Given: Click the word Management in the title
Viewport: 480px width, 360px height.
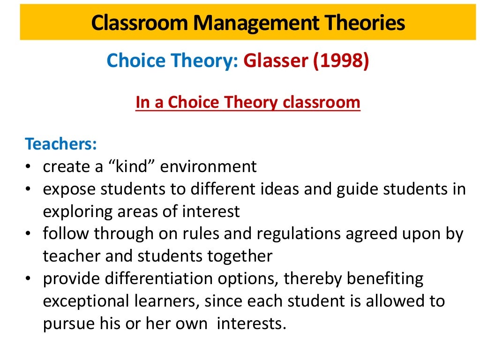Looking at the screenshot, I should pos(247,22).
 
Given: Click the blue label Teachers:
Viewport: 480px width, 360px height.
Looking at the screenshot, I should pos(61,143).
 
